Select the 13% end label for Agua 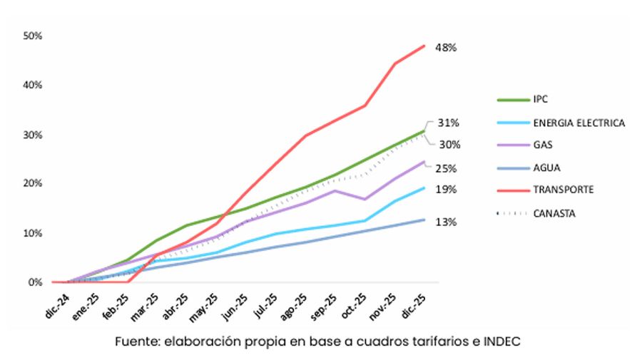(446, 222)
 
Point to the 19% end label (446, 190)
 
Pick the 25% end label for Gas (446, 169)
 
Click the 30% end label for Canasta (449, 145)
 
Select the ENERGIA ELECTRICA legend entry (579, 123)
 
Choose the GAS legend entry (543, 145)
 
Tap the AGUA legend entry (546, 168)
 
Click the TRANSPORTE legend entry (563, 190)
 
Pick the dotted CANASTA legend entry (554, 212)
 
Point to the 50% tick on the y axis (33, 35)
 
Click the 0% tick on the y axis (35, 282)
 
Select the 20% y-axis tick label (33, 183)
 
